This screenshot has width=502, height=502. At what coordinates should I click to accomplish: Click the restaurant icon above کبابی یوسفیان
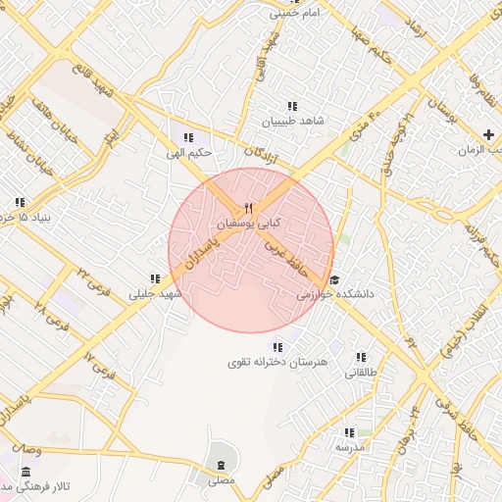pyautogui.click(x=248, y=208)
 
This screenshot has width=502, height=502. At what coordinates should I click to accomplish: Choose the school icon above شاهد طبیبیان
pyautogui.click(x=291, y=106)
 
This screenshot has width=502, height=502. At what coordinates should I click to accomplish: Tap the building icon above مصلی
pyautogui.click(x=222, y=464)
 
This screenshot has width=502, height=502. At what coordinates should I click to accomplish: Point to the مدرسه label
pyautogui.click(x=350, y=446)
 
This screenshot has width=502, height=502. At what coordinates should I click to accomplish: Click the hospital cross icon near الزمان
pyautogui.click(x=488, y=133)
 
